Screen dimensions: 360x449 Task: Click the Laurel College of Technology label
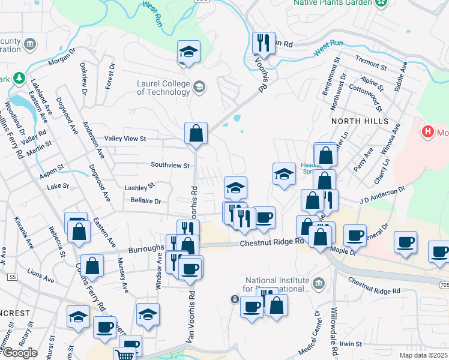(163, 88)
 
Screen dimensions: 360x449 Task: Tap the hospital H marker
(428, 131)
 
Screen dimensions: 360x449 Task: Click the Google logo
(20, 353)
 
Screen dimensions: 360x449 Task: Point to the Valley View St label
(125, 139)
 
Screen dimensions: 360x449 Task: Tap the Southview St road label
(170, 165)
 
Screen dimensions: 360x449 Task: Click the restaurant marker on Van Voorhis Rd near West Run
(263, 43)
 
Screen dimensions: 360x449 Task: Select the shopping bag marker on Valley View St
(196, 134)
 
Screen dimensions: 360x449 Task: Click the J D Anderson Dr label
(383, 194)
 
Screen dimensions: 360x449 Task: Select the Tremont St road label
(370, 62)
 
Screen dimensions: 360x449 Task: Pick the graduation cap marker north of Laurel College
(188, 52)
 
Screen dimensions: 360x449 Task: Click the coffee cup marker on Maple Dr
(355, 235)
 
